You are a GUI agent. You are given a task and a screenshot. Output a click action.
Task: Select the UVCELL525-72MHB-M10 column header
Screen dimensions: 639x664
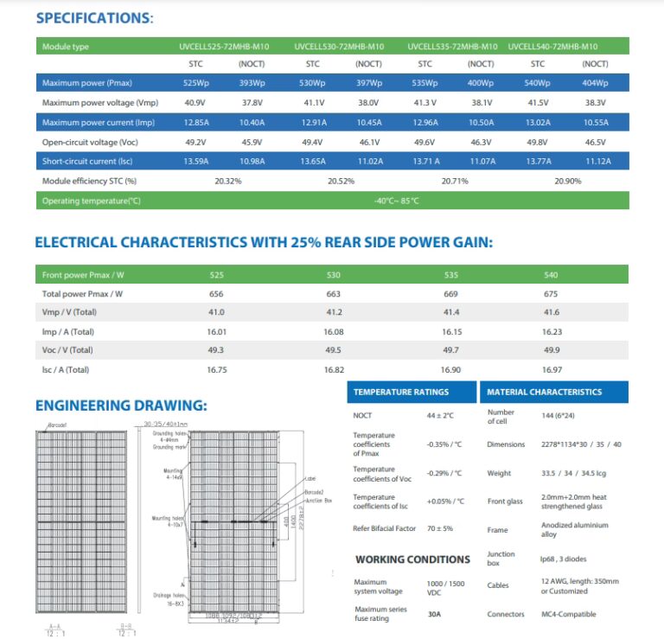(x=218, y=47)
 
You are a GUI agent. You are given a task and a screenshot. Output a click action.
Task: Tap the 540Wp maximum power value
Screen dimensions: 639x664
(x=537, y=83)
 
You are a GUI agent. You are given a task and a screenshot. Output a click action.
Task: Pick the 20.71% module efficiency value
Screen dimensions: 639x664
(x=454, y=182)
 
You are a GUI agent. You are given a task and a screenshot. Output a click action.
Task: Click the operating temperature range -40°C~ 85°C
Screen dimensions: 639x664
(x=396, y=201)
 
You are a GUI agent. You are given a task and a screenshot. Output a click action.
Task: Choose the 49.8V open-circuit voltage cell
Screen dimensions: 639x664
(x=536, y=142)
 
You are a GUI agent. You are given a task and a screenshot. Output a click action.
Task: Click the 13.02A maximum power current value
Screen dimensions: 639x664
(x=537, y=123)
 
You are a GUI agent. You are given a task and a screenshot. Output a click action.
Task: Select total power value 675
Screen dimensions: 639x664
(x=551, y=294)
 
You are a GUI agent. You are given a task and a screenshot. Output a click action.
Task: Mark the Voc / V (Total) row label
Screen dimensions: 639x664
(x=67, y=350)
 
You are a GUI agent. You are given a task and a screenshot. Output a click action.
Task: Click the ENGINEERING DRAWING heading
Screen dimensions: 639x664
(x=121, y=405)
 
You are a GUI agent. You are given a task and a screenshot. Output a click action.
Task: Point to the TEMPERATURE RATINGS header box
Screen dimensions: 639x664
(x=400, y=392)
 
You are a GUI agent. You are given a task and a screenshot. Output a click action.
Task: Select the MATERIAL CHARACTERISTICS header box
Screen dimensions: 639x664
(x=545, y=392)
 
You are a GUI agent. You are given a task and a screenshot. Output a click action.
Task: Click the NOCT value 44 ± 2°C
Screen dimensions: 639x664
(x=440, y=416)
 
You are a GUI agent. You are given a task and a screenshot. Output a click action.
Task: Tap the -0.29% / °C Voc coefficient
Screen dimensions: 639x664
(x=444, y=473)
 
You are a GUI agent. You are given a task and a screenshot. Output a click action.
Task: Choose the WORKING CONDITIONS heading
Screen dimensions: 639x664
(x=412, y=559)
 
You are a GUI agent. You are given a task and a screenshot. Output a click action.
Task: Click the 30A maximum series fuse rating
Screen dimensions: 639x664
(x=434, y=614)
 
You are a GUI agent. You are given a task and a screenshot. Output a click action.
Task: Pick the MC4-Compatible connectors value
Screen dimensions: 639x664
(x=569, y=614)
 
